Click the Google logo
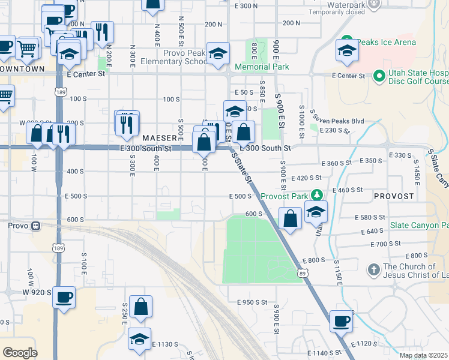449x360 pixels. [x=19, y=353]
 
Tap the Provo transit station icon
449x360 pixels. [x=36, y=226]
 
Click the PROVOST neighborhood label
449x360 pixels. [x=394, y=196]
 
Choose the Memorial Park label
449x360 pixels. [x=262, y=67]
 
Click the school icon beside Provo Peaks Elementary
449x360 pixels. [x=218, y=53]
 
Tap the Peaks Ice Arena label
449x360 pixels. [x=394, y=42]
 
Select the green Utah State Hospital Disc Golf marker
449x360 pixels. [x=379, y=76]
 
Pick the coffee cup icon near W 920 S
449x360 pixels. [x=64, y=296]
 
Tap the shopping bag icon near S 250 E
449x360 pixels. [x=140, y=307]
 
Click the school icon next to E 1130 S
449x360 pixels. [x=139, y=339]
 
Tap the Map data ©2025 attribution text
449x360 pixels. [x=424, y=355]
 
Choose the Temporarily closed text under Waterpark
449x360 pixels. [x=337, y=11]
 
